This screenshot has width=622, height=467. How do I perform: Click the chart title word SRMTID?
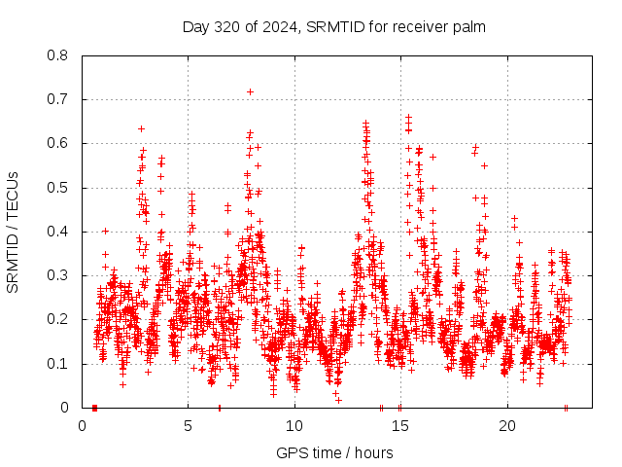(332, 26)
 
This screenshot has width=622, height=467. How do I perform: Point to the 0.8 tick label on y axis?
(58, 55)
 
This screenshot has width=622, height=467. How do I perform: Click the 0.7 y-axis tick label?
(58, 99)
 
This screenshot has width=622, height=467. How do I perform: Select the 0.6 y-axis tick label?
(58, 143)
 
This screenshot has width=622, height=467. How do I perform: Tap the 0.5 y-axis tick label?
(58, 188)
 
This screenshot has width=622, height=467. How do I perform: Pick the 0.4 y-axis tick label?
(58, 232)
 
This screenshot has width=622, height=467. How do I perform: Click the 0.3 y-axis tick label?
(58, 275)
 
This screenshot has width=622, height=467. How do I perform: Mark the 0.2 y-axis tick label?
(58, 319)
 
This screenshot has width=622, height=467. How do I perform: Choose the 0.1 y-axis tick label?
(58, 364)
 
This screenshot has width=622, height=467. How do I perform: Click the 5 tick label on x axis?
(189, 426)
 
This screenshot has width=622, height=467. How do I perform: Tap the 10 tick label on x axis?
(294, 426)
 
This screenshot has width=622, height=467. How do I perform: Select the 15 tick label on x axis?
(400, 426)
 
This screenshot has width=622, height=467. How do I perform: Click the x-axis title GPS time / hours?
(334, 452)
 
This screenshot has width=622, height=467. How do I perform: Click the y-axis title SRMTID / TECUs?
(13, 232)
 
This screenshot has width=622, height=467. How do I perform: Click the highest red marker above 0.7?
(251, 91)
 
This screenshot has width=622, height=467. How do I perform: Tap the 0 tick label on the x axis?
(82, 426)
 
